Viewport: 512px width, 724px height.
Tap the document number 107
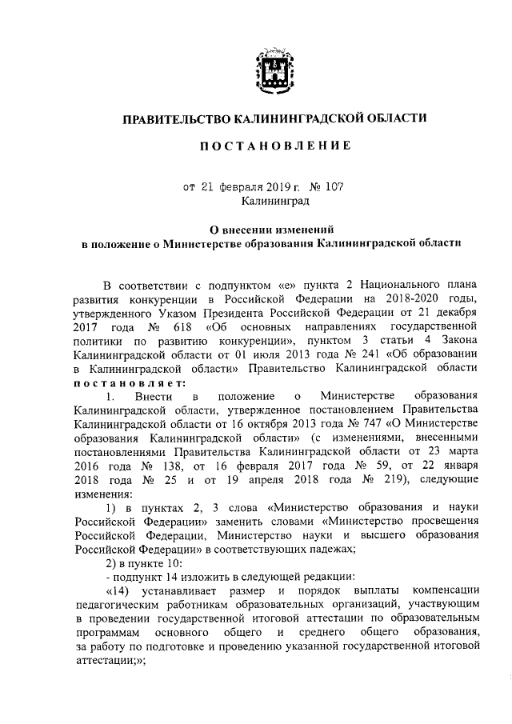pos(331,187)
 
